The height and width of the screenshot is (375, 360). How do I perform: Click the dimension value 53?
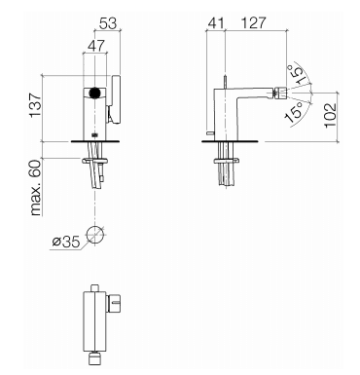[x=108, y=23]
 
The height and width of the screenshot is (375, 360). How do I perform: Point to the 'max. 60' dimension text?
[x=36, y=187]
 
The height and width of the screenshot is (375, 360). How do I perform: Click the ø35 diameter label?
[x=65, y=242]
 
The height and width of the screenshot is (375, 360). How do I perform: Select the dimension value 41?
[x=216, y=23]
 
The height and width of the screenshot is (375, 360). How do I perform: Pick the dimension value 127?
[x=253, y=23]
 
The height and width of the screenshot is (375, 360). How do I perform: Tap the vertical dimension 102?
[x=331, y=116]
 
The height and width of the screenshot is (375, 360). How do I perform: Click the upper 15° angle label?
[x=296, y=74]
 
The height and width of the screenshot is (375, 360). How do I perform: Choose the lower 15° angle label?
[x=293, y=112]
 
